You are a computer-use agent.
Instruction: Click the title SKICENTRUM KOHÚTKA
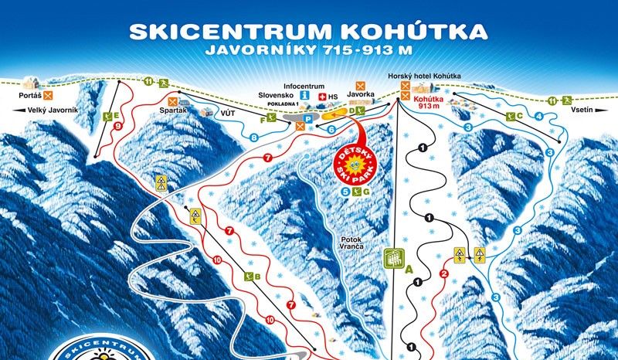point(308,32)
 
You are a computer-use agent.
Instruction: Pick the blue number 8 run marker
point(254,138)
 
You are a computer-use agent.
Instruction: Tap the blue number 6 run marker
point(331,129)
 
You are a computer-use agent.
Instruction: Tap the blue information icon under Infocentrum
point(304,96)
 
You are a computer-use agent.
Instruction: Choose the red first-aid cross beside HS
point(322,97)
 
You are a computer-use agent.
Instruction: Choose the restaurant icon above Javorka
point(360,85)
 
